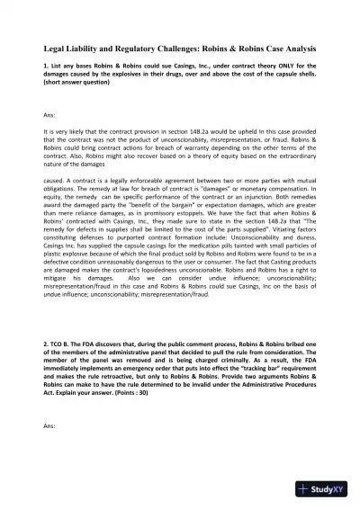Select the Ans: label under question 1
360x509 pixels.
pyautogui.click(x=49, y=115)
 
